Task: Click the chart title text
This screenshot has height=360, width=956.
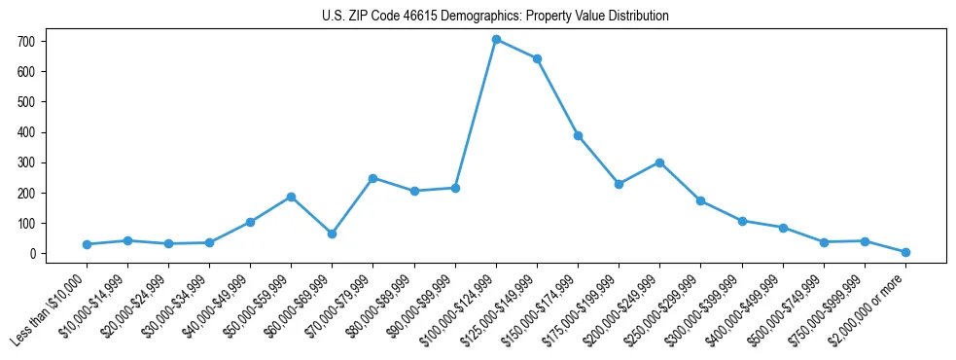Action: pos(495,17)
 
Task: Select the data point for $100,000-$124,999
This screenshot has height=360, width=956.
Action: pos(496,40)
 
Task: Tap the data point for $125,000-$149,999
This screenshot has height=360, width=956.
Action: pos(537,58)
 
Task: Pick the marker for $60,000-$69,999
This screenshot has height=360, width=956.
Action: pos(333,234)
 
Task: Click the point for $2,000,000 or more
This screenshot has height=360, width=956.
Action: pos(905,252)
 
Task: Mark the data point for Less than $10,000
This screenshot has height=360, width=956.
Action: pos(87,244)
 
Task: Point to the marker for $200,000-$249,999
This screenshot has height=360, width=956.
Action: pos(659,162)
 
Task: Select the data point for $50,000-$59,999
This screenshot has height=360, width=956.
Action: pos(291,197)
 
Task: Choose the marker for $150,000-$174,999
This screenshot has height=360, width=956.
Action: pos(578,135)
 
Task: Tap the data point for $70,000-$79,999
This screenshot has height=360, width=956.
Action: pos(372,178)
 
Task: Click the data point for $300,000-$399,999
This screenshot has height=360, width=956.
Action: pos(742,221)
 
